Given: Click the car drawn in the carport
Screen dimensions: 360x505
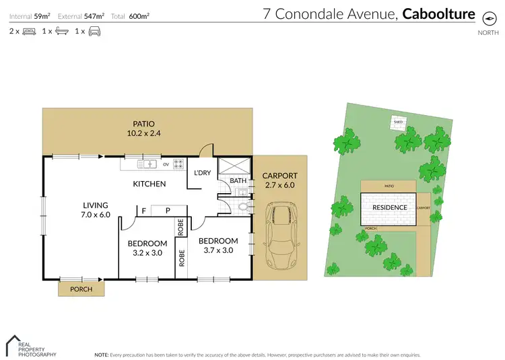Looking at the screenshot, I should (x=281, y=235).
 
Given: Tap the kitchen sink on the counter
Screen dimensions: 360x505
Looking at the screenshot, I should (x=147, y=163).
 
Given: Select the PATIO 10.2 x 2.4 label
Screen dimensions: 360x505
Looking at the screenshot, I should (x=144, y=128).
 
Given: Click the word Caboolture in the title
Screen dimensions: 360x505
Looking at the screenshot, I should (x=438, y=14).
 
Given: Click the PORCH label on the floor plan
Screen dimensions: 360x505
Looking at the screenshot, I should (x=81, y=290).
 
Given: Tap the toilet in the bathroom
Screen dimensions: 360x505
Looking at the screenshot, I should (x=243, y=205).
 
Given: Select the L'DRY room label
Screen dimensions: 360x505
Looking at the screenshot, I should (x=202, y=173).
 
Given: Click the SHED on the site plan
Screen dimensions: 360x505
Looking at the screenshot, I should (x=398, y=122).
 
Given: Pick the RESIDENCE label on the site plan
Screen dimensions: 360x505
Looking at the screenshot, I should (x=389, y=207).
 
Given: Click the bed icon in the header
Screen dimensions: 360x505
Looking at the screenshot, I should (x=29, y=31).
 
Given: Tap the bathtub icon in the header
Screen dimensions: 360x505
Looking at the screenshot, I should (x=61, y=31).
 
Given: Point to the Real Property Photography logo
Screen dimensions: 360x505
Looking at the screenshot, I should (x=30, y=345).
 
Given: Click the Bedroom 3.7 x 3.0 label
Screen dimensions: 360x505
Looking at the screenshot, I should (x=218, y=245).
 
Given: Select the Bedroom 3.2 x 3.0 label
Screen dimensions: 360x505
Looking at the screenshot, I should (x=147, y=248).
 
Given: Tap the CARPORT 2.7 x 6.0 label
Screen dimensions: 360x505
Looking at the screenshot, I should (x=279, y=180).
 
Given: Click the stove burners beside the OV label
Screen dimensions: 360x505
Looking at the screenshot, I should (x=178, y=163).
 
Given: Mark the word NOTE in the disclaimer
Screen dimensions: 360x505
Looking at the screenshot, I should (x=101, y=354).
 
